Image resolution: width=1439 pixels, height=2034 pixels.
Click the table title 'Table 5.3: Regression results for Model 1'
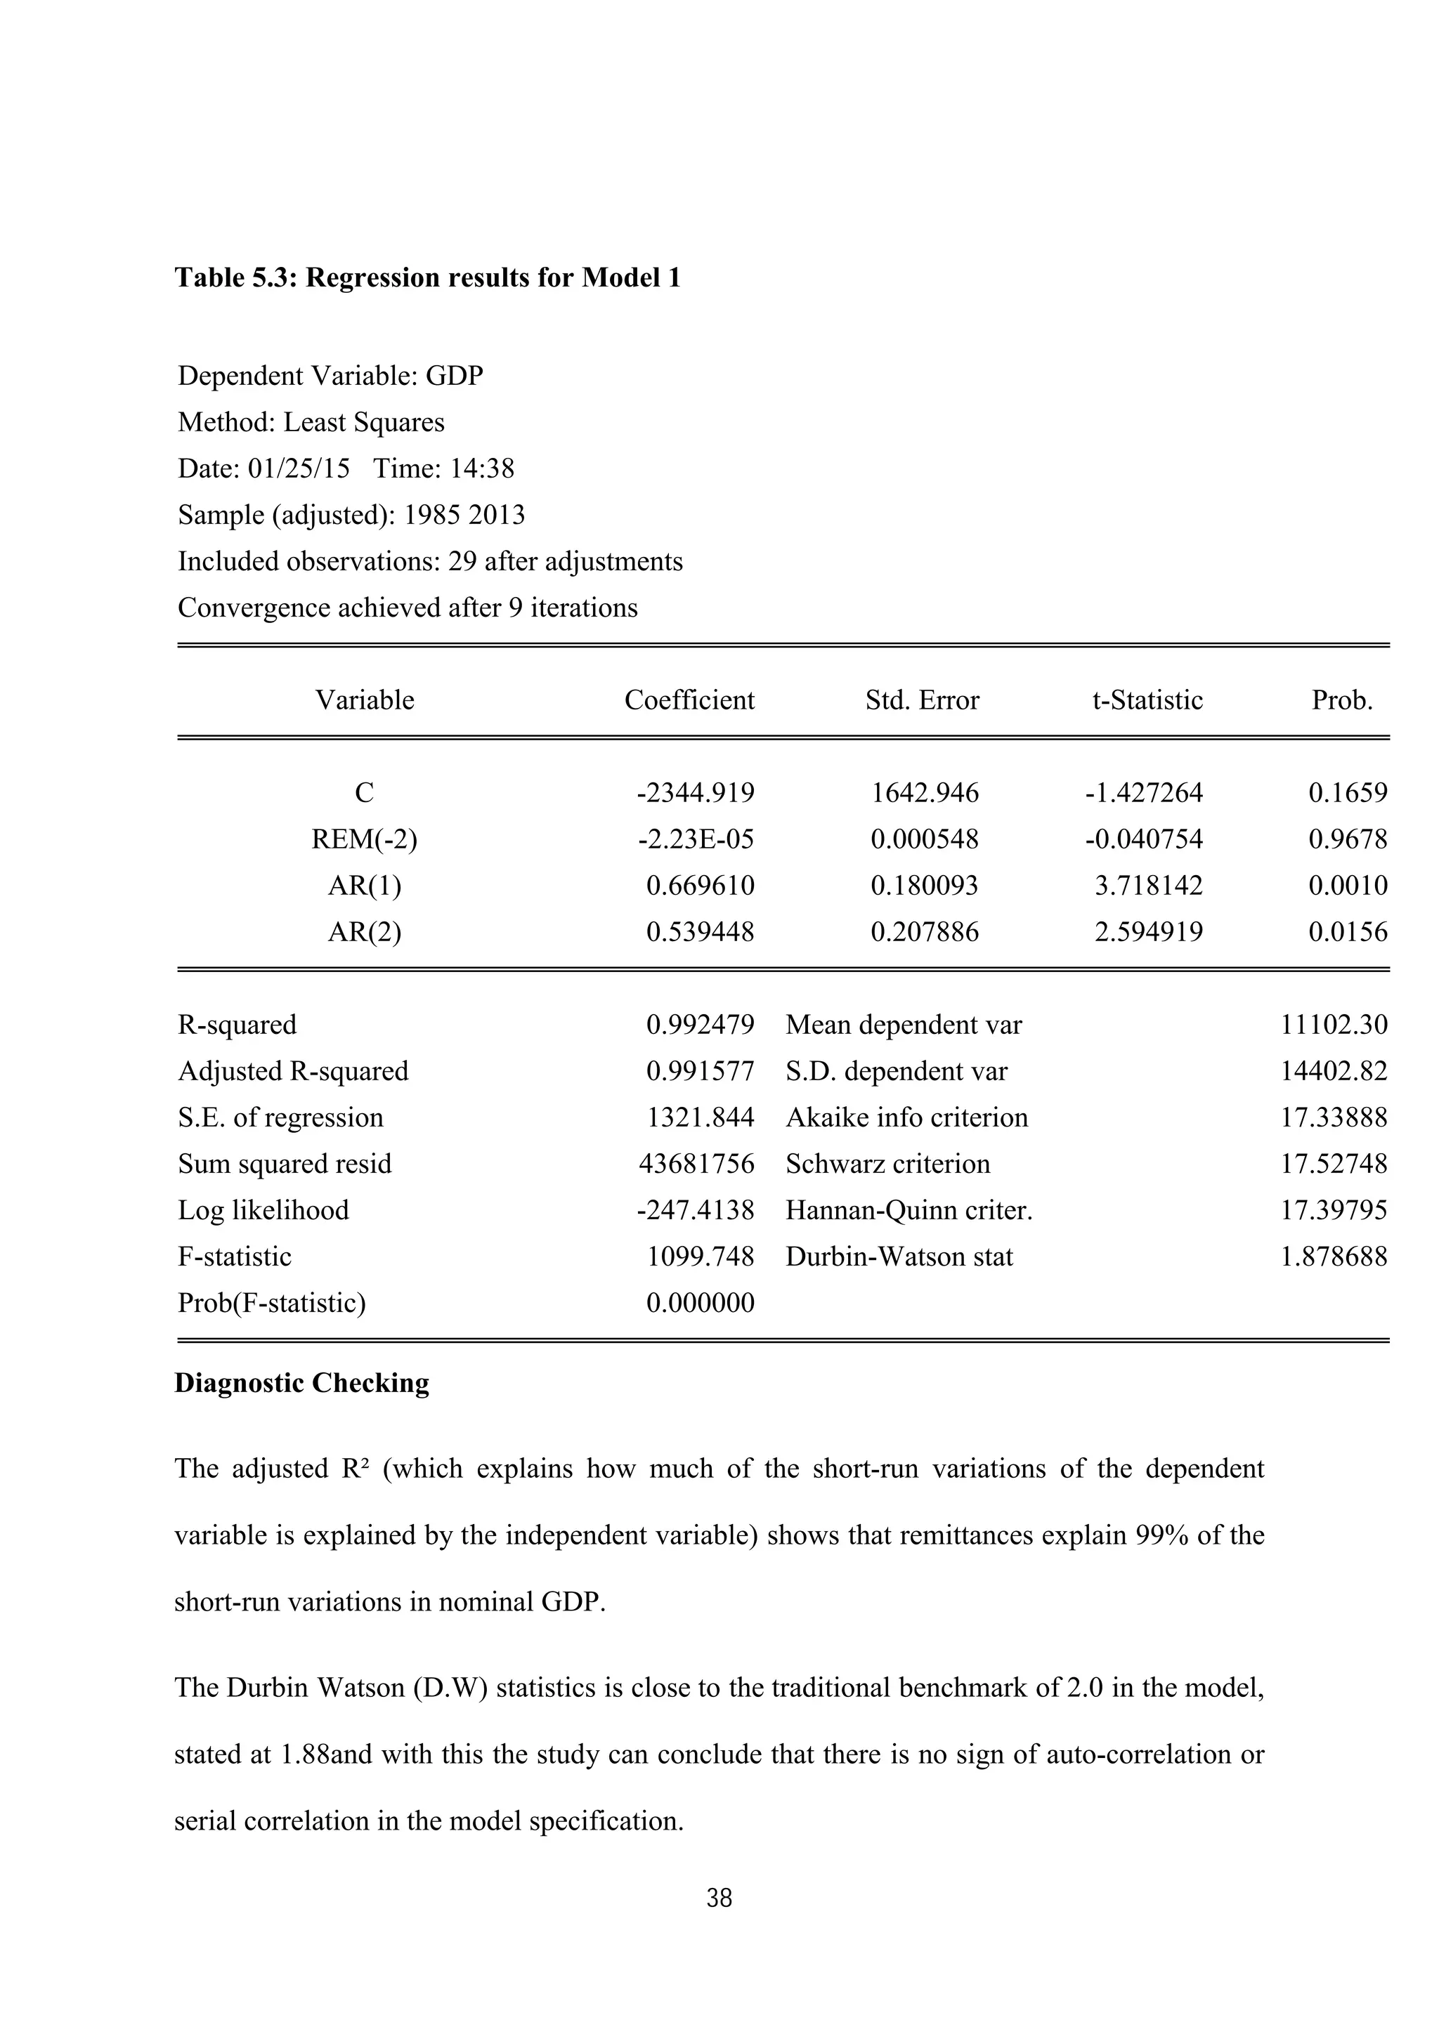(427, 278)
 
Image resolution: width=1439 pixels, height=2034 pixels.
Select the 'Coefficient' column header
(689, 701)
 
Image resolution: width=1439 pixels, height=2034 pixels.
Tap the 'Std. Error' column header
(922, 701)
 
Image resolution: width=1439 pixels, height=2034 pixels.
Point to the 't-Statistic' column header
(1147, 701)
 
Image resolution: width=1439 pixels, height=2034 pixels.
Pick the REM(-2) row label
(364, 839)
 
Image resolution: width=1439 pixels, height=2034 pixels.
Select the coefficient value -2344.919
(696, 793)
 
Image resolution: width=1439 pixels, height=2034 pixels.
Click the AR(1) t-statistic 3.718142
(1148, 886)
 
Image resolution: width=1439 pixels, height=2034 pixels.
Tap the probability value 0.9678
(1347, 839)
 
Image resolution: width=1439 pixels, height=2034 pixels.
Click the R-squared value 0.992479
(700, 1025)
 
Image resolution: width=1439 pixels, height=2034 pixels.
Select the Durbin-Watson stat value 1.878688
(1334, 1257)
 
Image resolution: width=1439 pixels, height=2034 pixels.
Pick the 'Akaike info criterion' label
(906, 1118)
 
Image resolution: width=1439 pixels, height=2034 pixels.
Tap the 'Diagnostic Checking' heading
(301, 1384)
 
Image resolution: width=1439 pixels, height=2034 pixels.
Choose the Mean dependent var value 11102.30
(1334, 1025)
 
